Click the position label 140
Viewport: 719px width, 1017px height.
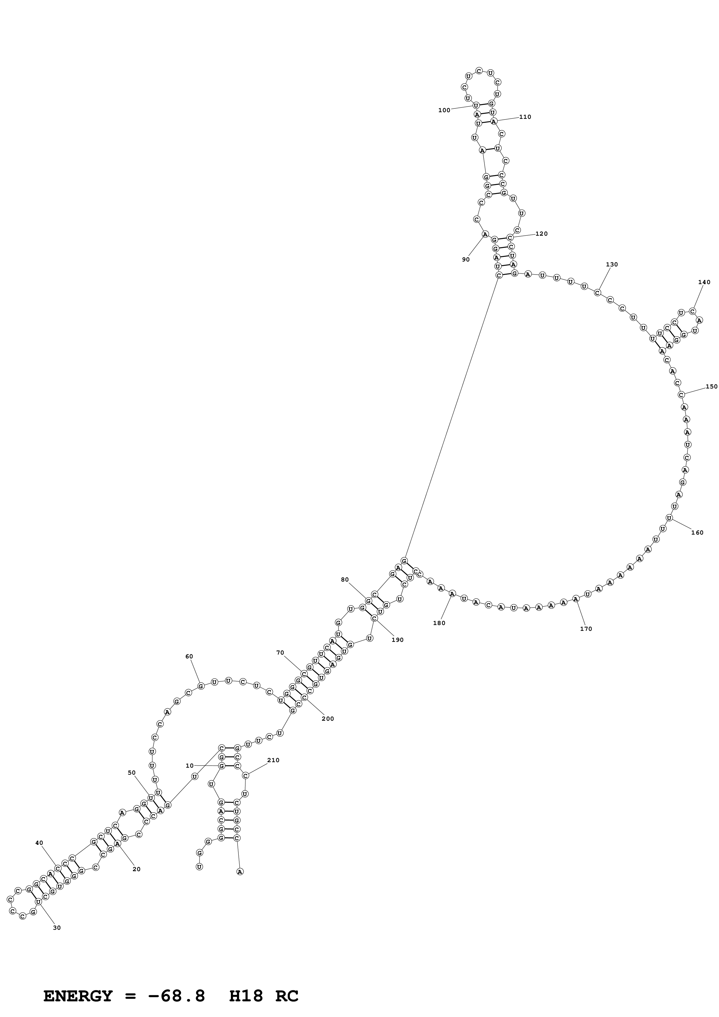pos(704,282)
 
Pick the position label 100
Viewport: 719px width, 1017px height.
pos(444,110)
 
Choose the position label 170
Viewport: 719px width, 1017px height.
pos(586,629)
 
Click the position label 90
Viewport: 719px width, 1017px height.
pos(466,259)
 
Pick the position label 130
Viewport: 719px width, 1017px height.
pos(611,264)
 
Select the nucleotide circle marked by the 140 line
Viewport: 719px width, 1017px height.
pos(692,311)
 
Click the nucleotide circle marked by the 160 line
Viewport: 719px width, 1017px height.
pos(669,518)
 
